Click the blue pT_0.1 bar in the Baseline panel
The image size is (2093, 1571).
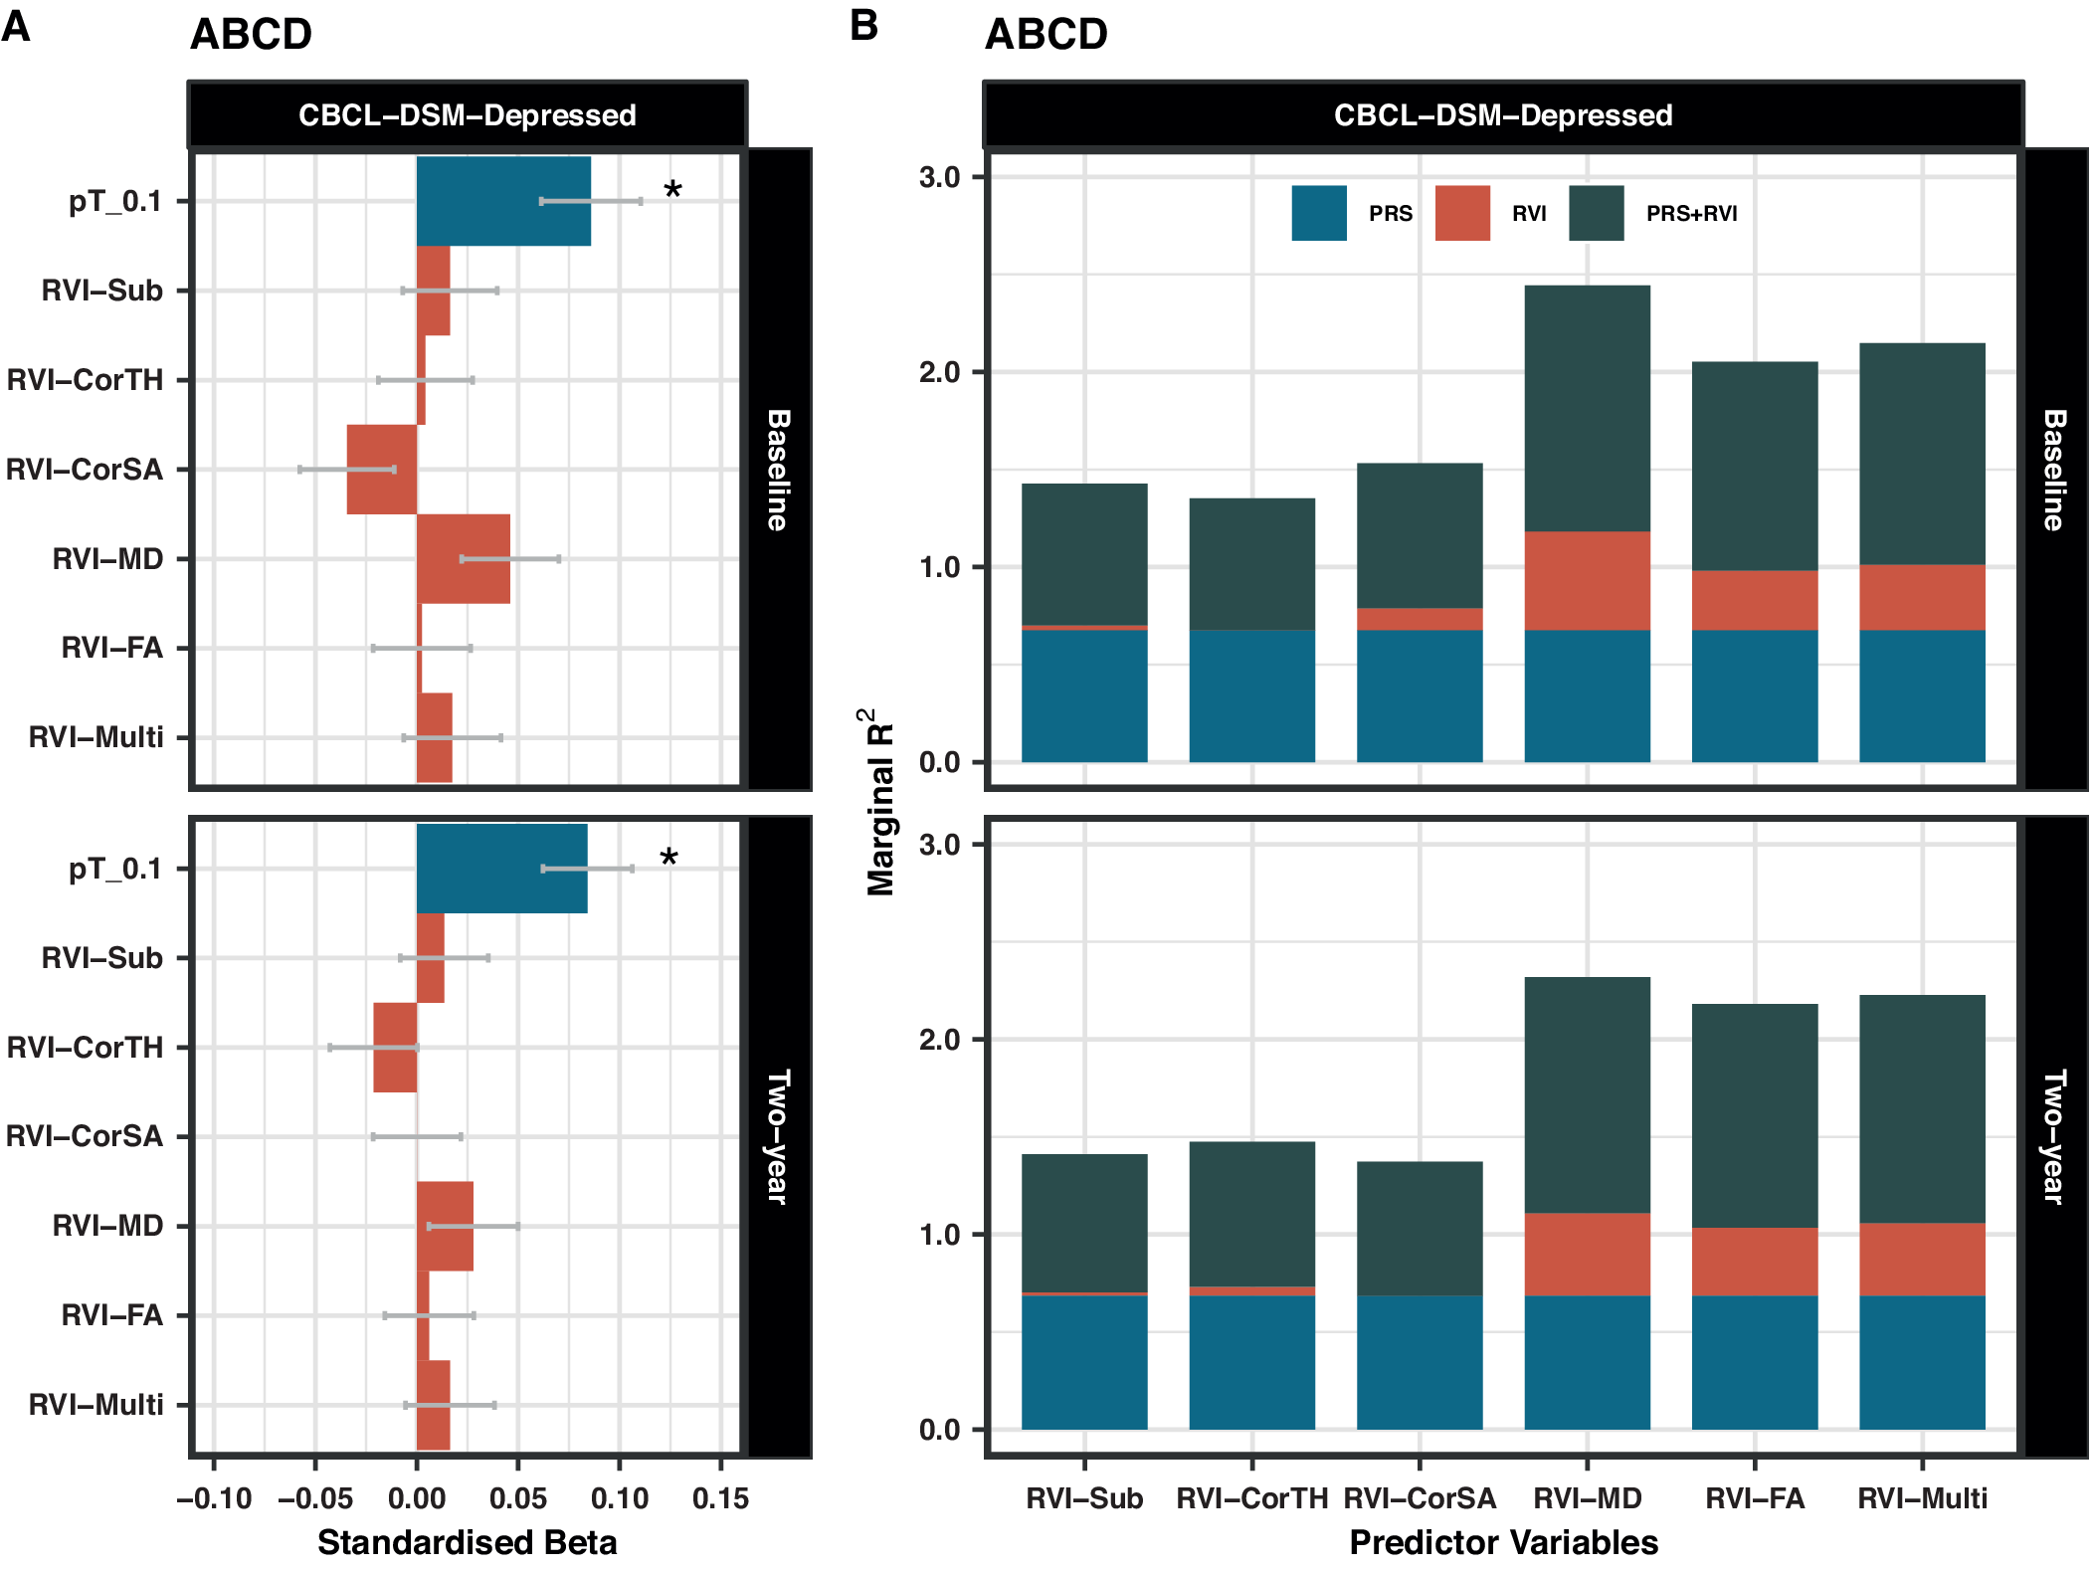click(x=502, y=201)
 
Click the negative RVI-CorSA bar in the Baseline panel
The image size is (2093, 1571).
click(x=381, y=470)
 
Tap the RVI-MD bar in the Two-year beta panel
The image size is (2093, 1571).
click(x=445, y=1226)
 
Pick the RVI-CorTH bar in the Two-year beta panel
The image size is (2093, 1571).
click(x=395, y=1048)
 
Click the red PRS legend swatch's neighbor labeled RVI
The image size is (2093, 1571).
click(x=1462, y=213)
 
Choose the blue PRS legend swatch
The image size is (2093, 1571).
click(x=1319, y=213)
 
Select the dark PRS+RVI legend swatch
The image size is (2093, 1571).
click(x=1596, y=213)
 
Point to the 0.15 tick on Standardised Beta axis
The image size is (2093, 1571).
click(x=720, y=1498)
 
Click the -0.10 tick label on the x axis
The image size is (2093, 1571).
click(x=214, y=1498)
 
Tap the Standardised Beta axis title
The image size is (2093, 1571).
click(x=467, y=1542)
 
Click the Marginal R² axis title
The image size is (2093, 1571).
click(x=880, y=802)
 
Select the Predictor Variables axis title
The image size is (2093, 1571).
click(x=1503, y=1542)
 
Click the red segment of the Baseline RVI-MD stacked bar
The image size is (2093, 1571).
click(x=1587, y=581)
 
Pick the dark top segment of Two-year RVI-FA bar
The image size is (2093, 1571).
click(x=1754, y=1115)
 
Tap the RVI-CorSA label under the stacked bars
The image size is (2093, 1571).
click(x=1420, y=1498)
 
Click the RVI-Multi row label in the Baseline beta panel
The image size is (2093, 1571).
click(x=96, y=737)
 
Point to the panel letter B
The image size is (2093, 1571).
click(x=863, y=26)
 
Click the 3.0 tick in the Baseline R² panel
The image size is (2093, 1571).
click(x=939, y=177)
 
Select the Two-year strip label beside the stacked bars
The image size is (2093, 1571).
click(x=2054, y=1136)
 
